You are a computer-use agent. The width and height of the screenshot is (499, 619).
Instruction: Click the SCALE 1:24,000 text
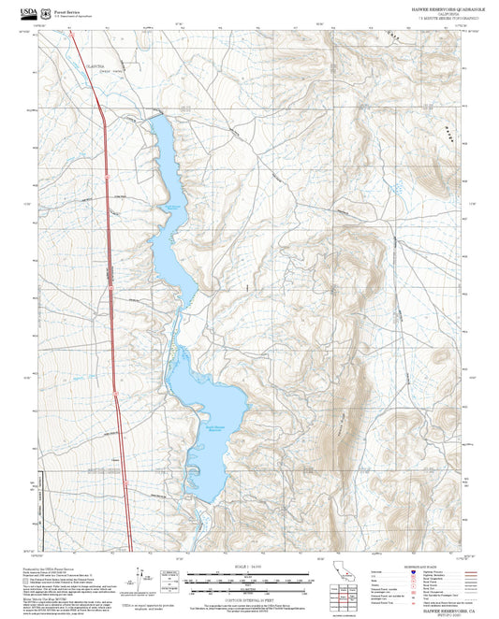pyautogui.click(x=248, y=567)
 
